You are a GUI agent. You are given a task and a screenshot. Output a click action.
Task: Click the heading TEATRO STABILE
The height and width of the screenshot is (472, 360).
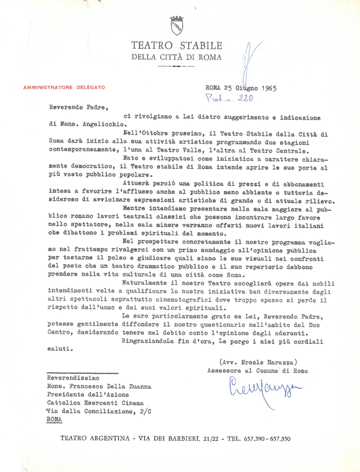(x=177, y=45)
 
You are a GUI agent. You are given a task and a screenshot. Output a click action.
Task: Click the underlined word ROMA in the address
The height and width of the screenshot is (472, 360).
(x=54, y=418)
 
